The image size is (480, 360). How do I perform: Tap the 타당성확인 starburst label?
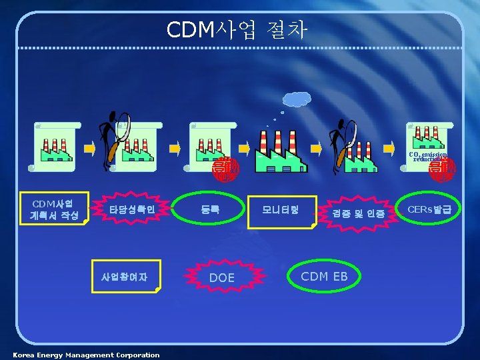tap(133, 210)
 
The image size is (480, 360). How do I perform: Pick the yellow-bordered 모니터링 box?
tap(281, 211)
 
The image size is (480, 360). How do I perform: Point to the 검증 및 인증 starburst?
tap(359, 213)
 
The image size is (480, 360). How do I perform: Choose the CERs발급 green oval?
tap(429, 210)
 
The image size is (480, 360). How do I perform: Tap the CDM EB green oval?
tap(325, 276)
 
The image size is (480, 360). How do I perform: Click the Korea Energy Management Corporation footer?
tap(87, 355)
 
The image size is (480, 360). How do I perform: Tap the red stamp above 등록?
tap(224, 169)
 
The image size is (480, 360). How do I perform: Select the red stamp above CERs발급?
tap(442, 169)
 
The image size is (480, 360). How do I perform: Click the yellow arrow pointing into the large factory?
tap(244, 148)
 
